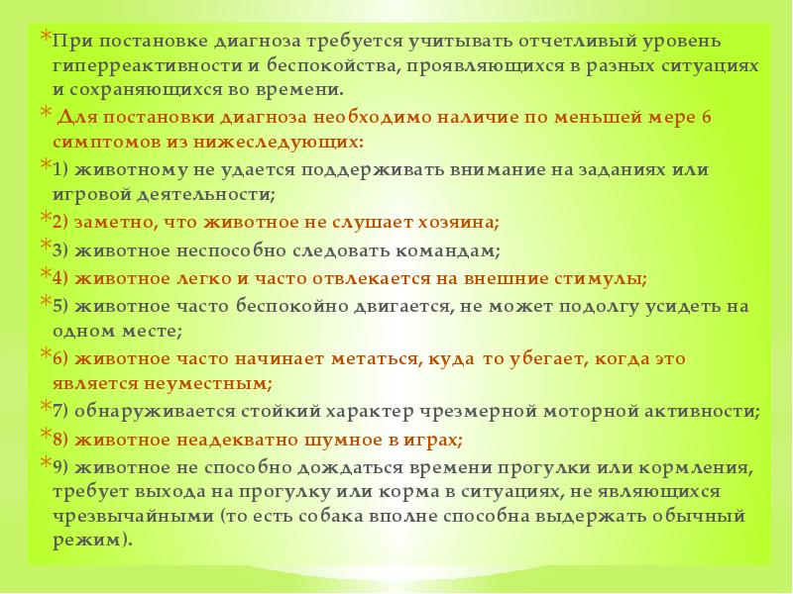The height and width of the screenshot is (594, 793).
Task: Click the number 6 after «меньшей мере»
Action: [x=707, y=117]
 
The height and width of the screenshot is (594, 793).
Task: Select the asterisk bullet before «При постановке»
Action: [x=46, y=39]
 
